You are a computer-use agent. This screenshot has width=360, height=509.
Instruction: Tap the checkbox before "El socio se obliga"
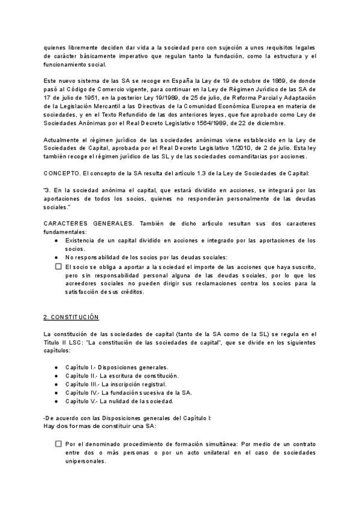pos(58,266)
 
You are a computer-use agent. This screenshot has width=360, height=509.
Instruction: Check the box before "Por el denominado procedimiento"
pos(58,444)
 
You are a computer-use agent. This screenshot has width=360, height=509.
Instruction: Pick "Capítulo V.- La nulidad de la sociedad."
pos(119,400)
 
